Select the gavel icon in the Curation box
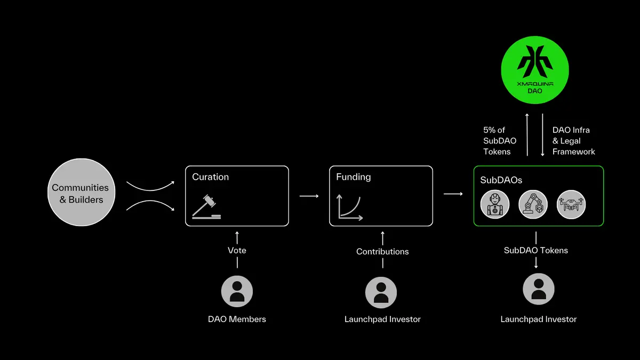206,209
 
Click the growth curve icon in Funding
349,207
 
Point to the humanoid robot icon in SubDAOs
495,204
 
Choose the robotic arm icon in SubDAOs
533,204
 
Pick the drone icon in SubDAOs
571,204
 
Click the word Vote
237,250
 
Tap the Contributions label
382,251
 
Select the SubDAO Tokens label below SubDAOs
536,250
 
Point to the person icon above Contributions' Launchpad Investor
381,292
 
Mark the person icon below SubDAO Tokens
539,289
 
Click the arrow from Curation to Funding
309,196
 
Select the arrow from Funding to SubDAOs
453,194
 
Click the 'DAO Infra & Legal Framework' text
574,141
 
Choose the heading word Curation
211,177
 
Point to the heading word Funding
353,177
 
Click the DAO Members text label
237,319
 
